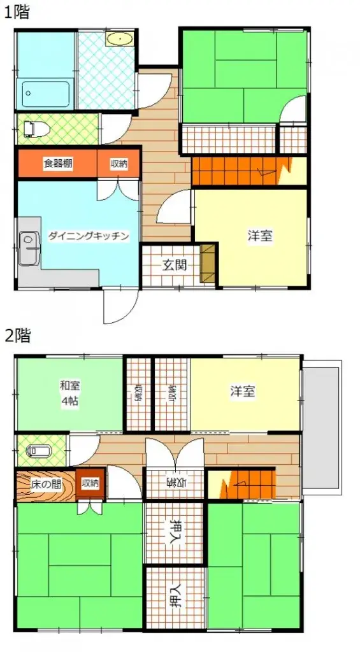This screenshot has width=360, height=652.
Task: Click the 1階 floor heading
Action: click(17, 12)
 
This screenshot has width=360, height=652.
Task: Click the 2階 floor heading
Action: click(17, 336)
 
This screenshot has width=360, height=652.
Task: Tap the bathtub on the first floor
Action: click(45, 94)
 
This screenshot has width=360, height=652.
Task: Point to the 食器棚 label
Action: click(57, 164)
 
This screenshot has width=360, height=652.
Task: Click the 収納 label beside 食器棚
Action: click(119, 164)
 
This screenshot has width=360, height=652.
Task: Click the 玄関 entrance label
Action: click(173, 266)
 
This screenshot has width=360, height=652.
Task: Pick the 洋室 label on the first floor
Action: click(260, 236)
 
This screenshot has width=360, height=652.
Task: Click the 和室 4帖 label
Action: click(69, 393)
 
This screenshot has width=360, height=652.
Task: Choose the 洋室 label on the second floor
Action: click(243, 391)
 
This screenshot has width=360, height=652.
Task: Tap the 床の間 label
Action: click(45, 484)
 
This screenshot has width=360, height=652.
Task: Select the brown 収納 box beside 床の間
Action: click(90, 483)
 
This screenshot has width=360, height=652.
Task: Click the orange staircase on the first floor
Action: click(248, 171)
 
